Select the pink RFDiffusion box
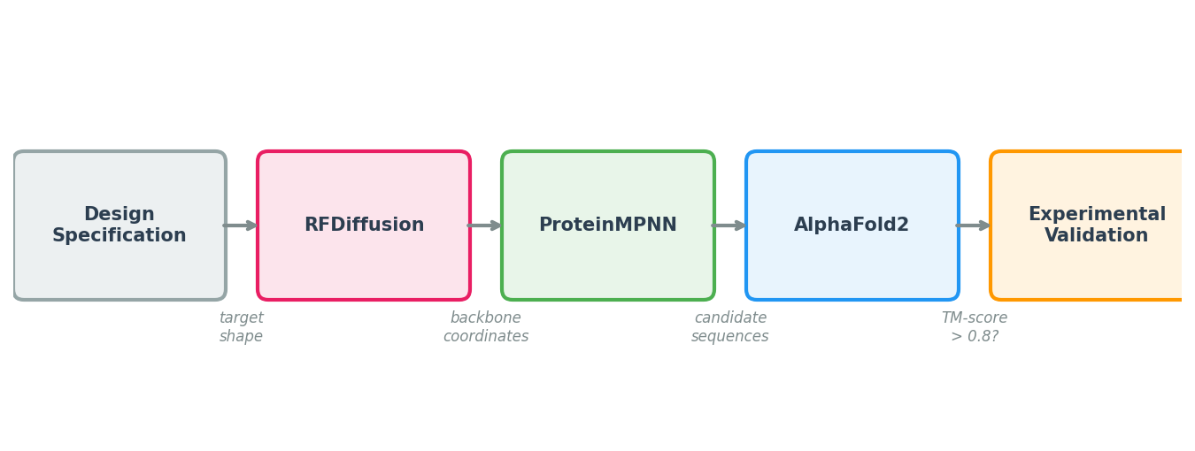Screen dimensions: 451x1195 [x=364, y=256]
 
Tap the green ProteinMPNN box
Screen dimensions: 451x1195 [x=608, y=256]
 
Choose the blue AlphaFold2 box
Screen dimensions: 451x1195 [x=852, y=256]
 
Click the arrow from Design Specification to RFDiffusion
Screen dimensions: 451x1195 [x=241, y=225]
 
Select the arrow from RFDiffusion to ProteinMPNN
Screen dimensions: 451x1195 [x=485, y=225]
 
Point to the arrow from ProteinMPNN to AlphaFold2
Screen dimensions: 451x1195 [x=729, y=225]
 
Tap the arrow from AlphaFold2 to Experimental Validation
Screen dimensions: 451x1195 [x=974, y=225]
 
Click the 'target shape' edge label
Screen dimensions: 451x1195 [x=241, y=327]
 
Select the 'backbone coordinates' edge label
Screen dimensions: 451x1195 [x=486, y=327]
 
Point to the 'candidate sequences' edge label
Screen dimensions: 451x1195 [x=730, y=327]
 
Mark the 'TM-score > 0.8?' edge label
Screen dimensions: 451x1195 [x=975, y=327]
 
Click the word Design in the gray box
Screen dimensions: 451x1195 [x=119, y=215]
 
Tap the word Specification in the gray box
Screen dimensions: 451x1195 [x=119, y=236]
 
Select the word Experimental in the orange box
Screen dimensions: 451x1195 [x=1097, y=215]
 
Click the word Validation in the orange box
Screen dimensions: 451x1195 [x=1096, y=236]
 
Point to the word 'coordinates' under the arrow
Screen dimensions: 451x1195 [x=486, y=337]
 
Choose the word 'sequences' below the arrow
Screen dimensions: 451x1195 [x=730, y=337]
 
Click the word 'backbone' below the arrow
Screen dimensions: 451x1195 [x=486, y=318]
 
